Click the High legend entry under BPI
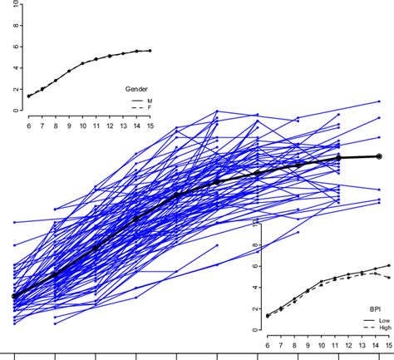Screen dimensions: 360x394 pyautogui.click(x=384, y=328)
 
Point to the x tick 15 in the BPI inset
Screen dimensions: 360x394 pyautogui.click(x=388, y=345)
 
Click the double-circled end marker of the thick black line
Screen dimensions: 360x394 pyautogui.click(x=379, y=156)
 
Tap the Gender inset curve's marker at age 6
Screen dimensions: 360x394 pyautogui.click(x=29, y=96)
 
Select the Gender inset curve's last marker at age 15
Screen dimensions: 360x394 pyautogui.click(x=150, y=51)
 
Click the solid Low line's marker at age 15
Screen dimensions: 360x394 pyautogui.click(x=389, y=265)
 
